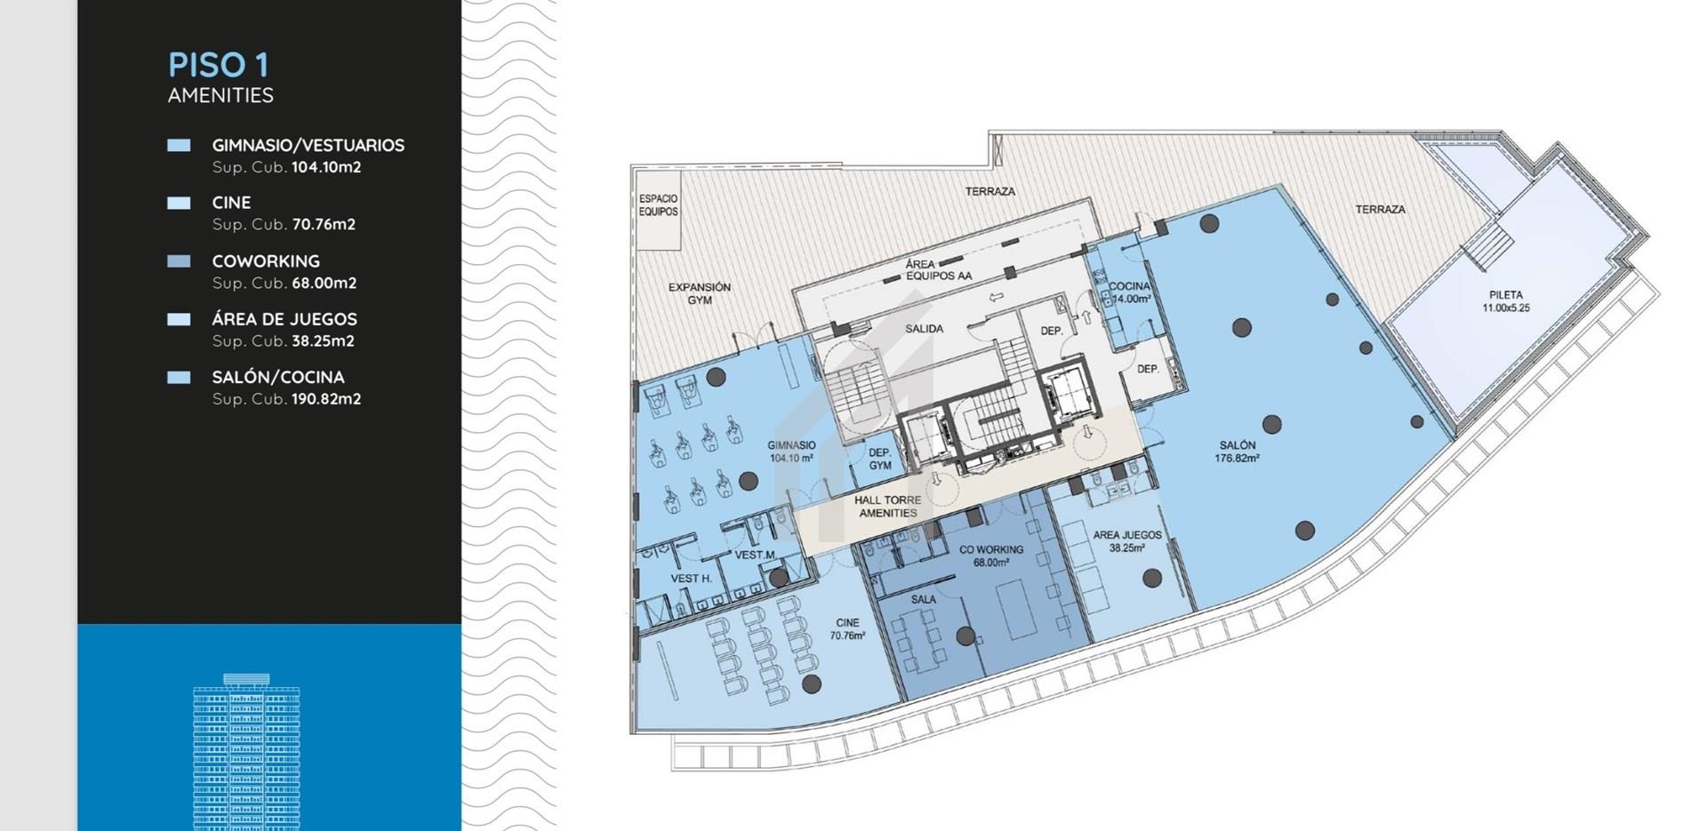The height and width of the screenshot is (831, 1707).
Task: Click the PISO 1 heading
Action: pos(218,65)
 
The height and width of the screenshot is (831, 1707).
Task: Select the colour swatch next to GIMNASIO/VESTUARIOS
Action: pos(179,145)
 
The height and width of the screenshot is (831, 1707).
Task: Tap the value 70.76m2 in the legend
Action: pos(324,224)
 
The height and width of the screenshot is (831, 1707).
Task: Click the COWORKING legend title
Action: pos(266,261)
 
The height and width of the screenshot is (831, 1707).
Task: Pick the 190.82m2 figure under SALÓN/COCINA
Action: pos(326,399)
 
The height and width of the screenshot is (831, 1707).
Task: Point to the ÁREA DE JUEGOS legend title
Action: pos(284,319)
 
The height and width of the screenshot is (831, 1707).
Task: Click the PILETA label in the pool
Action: pos(1506,301)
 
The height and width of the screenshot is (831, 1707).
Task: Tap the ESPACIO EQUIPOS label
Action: pos(658,205)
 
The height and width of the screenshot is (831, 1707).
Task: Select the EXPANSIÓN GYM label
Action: pos(700,293)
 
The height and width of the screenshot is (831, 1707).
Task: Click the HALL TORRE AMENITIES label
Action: pos(888,507)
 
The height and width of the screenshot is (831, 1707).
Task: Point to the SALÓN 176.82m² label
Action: pos(1238,451)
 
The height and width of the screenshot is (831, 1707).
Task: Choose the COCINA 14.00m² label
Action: pos(1130,292)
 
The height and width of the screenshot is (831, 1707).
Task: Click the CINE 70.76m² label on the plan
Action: pos(847,629)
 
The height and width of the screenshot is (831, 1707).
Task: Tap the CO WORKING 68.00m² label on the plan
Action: pos(991,555)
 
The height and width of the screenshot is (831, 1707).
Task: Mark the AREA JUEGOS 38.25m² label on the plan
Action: pos(1127,541)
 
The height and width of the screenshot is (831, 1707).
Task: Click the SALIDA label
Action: pos(925,329)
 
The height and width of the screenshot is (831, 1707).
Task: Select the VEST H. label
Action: pos(691,579)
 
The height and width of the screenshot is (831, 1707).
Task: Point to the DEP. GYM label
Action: pos(880,459)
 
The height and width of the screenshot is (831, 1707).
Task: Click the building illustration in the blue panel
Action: pos(246,752)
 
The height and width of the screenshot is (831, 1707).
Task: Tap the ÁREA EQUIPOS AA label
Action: pos(938,270)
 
